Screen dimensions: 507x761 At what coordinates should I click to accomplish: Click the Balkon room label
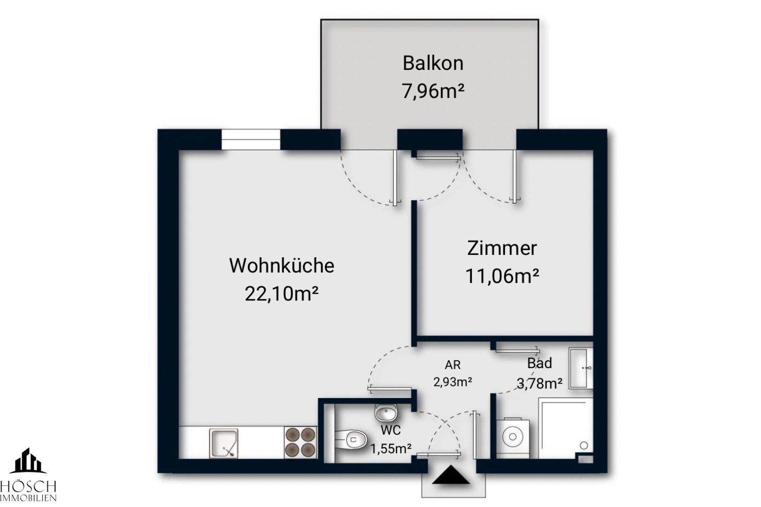pos(433,63)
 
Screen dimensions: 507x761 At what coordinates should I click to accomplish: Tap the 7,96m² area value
pos(433,91)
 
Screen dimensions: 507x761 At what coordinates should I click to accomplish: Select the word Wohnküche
pos(281,266)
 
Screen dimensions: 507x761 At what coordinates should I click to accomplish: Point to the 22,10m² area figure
pos(281,294)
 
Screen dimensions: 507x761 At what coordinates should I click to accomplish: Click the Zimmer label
pos(501,248)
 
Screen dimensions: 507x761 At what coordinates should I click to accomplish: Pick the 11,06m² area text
pos(501,277)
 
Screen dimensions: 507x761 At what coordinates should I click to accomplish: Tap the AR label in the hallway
pos(453,365)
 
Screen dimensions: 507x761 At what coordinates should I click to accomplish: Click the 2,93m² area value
pos(453,382)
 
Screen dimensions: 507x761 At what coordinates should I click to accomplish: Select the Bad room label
pos(539,363)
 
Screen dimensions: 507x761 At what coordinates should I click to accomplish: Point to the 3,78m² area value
pos(539,384)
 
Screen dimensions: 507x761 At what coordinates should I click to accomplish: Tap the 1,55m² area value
pos(391,449)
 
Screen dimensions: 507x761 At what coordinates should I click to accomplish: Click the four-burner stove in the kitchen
pos(300,442)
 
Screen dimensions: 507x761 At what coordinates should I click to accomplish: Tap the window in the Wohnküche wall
pos(251,139)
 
